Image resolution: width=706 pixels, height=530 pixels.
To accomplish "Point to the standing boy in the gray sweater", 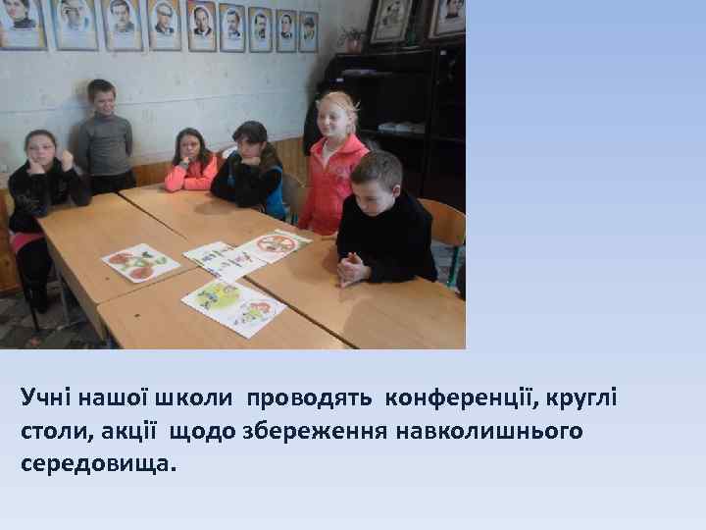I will tap(105, 137).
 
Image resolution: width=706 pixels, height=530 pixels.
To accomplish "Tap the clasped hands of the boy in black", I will tap(352, 266).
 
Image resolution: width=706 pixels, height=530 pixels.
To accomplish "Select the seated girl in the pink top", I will tap(190, 162).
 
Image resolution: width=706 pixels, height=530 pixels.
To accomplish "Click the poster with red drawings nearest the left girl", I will tap(140, 262).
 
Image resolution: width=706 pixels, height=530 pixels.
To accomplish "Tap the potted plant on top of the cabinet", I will tap(350, 39).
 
